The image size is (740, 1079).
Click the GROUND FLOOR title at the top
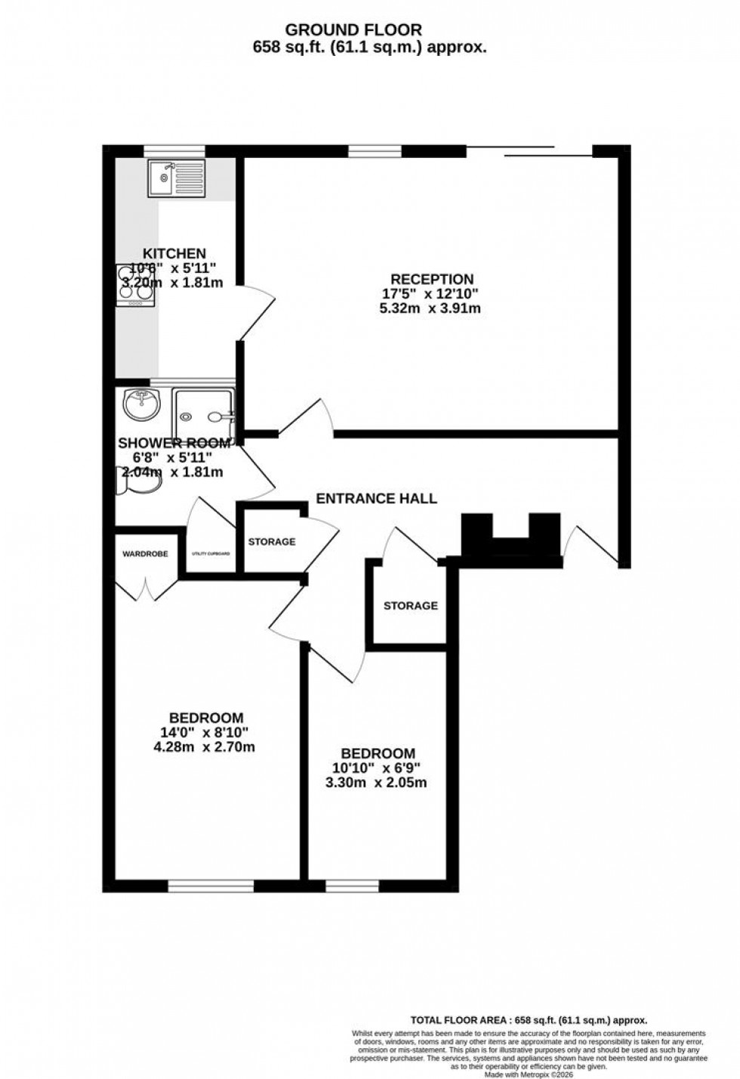point(370,29)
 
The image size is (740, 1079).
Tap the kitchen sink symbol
point(177,179)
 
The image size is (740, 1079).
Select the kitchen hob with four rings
point(136,286)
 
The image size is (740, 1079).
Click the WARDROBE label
point(146,554)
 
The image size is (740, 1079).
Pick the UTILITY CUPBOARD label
point(211,554)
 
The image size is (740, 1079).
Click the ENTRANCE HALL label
point(376,499)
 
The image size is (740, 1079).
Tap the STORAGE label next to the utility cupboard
point(272,542)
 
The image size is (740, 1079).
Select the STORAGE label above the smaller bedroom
point(410,606)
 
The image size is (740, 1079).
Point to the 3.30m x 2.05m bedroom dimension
point(376,783)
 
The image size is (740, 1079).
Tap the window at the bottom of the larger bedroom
point(211,886)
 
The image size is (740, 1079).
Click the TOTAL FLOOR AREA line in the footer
point(529,1019)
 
